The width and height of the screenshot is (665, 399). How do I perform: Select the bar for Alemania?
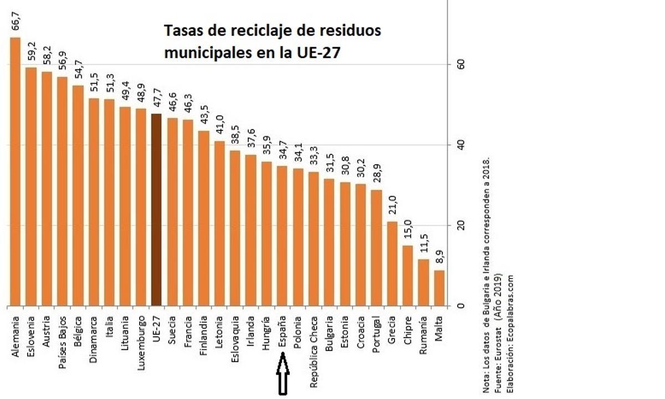point(15,172)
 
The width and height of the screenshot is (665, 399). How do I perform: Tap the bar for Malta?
point(439,288)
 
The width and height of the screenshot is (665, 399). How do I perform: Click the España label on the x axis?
point(282,331)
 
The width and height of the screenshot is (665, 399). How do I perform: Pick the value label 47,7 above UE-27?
point(156,100)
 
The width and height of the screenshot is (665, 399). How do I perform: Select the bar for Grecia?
point(392,264)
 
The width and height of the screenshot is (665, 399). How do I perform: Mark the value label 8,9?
point(439,259)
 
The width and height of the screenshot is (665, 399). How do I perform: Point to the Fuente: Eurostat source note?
point(498,333)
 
